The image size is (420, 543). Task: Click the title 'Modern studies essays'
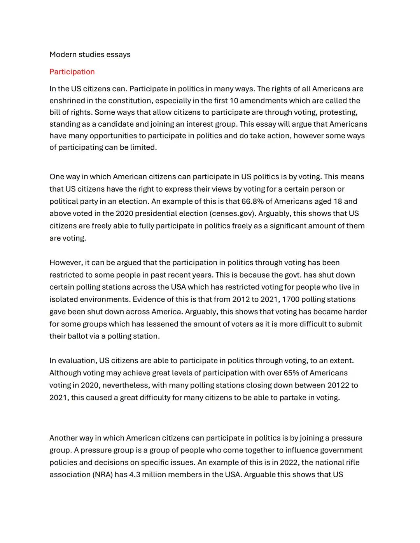(x=90, y=54)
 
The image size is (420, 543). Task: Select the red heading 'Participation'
(x=72, y=72)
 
